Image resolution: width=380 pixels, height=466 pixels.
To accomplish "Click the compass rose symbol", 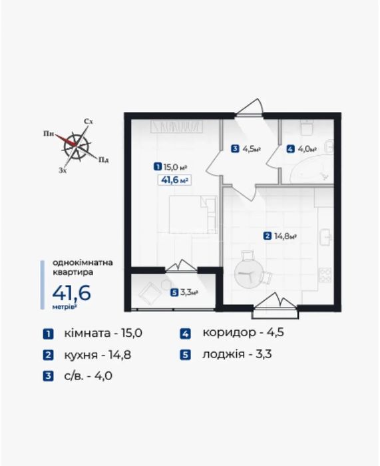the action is click(x=77, y=146).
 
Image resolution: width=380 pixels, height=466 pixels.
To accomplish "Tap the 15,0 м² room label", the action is click(x=170, y=167).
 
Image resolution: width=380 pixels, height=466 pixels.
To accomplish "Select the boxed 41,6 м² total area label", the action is click(x=174, y=180).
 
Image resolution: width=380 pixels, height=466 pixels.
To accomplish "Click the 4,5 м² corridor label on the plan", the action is click(x=246, y=148).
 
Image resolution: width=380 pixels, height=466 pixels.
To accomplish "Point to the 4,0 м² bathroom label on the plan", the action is click(x=301, y=148).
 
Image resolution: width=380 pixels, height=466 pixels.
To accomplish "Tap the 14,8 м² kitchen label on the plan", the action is click(x=280, y=236).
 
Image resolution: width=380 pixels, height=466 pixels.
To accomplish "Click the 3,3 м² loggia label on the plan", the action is click(x=184, y=293).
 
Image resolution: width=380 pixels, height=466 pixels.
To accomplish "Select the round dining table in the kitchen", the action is click(x=246, y=274).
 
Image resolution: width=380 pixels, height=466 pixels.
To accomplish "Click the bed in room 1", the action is click(x=192, y=214).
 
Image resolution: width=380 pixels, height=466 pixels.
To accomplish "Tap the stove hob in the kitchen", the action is click(x=325, y=275).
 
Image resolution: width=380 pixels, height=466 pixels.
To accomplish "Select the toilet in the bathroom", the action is click(x=307, y=126).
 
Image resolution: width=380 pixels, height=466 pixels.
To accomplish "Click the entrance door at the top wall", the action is click(x=249, y=108).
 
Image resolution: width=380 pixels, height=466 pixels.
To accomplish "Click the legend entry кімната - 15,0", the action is click(x=93, y=333).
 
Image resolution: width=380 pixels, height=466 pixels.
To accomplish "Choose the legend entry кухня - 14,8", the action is click(x=87, y=355).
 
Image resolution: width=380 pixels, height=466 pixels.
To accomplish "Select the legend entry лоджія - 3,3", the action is click(x=226, y=354).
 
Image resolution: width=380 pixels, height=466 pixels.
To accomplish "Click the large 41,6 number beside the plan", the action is click(x=72, y=293).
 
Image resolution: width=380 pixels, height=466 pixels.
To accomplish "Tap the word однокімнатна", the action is click(x=83, y=263).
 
